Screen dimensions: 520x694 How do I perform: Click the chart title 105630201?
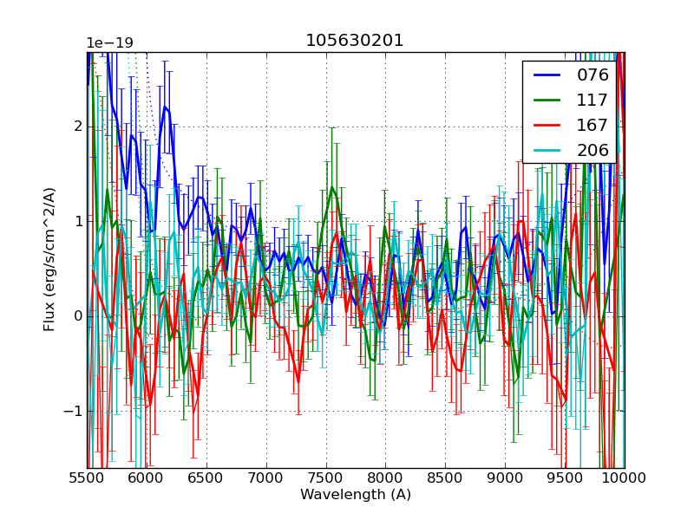tap(355, 41)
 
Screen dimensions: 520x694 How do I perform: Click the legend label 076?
tap(593, 75)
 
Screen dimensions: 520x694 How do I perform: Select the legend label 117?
tap(593, 100)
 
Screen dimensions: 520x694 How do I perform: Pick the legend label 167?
tap(593, 125)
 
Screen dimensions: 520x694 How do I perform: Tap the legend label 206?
tap(593, 150)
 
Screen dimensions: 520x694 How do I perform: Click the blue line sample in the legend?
tap(547, 75)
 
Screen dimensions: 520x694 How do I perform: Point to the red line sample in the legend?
tap(547, 125)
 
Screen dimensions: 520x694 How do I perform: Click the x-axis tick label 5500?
tap(87, 478)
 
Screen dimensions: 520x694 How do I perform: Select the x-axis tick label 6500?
tap(206, 478)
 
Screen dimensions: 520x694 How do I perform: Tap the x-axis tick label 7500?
tap(326, 478)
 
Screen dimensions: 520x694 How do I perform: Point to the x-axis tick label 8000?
tap(386, 478)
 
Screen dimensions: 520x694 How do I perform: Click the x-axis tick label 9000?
tap(505, 478)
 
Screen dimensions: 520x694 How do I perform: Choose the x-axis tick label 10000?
tap(625, 478)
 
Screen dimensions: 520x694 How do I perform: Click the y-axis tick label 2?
tap(78, 127)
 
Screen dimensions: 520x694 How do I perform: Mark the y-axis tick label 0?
tap(78, 316)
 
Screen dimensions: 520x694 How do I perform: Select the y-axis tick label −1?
tap(73, 411)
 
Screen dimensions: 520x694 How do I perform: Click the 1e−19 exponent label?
tap(109, 43)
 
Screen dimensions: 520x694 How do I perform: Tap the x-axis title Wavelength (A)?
tap(356, 495)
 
